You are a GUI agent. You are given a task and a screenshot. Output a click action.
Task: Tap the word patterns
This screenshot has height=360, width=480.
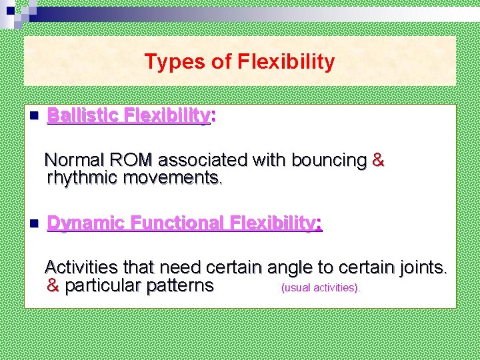(177, 287)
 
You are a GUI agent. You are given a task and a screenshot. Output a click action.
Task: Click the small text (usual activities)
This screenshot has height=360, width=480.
(321, 288)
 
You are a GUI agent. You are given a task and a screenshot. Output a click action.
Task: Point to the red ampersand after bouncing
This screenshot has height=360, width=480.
(377, 161)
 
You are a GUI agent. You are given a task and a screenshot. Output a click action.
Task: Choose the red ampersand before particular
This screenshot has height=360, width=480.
(53, 287)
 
